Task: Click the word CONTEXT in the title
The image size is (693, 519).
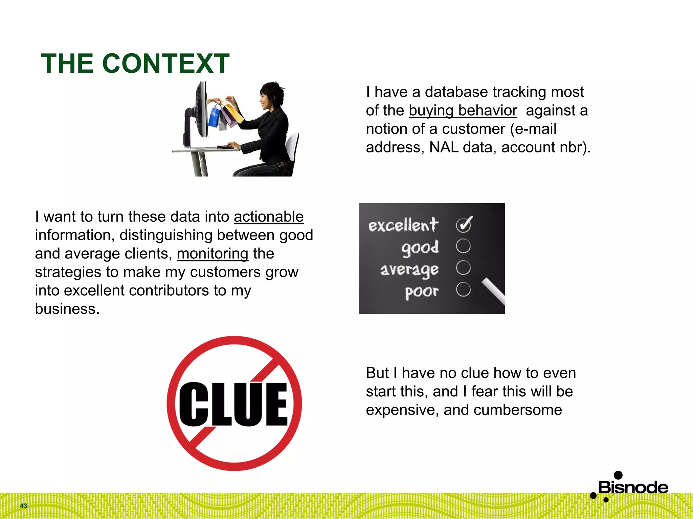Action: [x=166, y=64]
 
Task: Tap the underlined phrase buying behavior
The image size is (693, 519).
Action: [x=463, y=110]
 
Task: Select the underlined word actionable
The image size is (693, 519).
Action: [x=269, y=217]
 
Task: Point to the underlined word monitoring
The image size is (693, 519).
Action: [x=213, y=253]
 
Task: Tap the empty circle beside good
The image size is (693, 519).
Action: [x=463, y=246]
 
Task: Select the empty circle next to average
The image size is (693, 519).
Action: [x=463, y=268]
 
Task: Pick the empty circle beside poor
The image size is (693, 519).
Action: [x=463, y=290]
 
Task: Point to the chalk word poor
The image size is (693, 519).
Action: [x=422, y=291]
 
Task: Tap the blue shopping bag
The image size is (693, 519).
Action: [x=214, y=116]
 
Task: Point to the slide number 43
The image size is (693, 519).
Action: [x=23, y=506]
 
